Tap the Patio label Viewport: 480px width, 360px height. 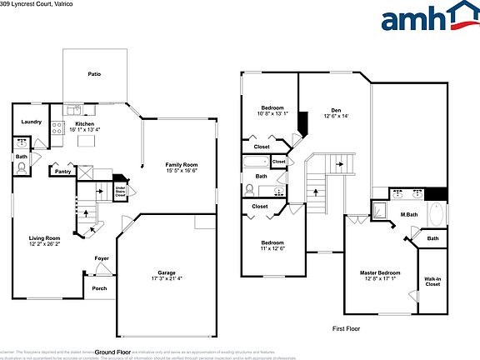(x=95, y=74)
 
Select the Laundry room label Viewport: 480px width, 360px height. (x=32, y=122)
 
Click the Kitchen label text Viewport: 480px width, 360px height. (x=85, y=123)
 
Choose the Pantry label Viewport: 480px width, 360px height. (x=62, y=172)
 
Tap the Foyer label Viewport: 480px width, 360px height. (x=102, y=258)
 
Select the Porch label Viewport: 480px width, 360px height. (x=99, y=288)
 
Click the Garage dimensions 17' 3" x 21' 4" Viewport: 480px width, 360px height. (x=167, y=278)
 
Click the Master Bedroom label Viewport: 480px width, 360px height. (x=380, y=273)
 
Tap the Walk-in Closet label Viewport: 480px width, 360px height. (x=432, y=282)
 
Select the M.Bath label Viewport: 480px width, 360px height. (x=408, y=214)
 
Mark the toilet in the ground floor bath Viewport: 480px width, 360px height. (x=22, y=167)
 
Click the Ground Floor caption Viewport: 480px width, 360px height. (x=113, y=352)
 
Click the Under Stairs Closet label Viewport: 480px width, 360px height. (x=120, y=191)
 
